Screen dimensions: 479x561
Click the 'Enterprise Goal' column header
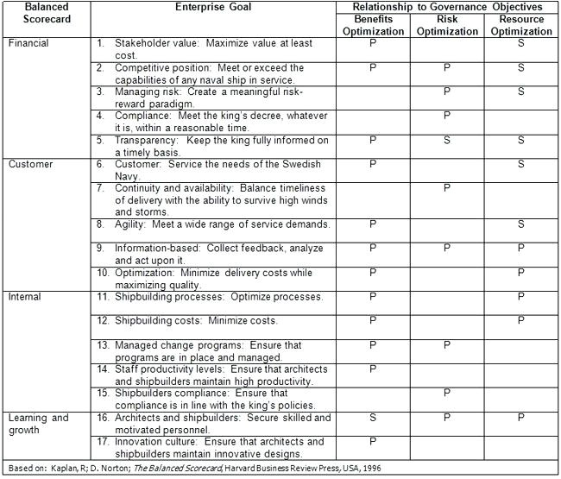pyautogui.click(x=212, y=7)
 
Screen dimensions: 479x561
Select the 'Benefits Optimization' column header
pyautogui.click(x=372, y=25)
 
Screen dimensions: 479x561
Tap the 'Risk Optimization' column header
pyautogui.click(x=447, y=25)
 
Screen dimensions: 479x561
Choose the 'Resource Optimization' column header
pyautogui.click(x=521, y=25)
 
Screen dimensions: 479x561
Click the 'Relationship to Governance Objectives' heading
pyautogui.click(x=446, y=7)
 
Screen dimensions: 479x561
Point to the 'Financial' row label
pyautogui.click(x=29, y=42)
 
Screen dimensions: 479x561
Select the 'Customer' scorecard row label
pyautogui.click(x=30, y=163)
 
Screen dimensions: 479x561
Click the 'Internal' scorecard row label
pyautogui.click(x=25, y=297)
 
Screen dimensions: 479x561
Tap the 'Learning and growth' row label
pyautogui.click(x=38, y=424)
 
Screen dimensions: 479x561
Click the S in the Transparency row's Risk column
pyautogui.click(x=447, y=139)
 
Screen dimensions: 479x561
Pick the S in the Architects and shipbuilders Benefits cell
pyautogui.click(x=373, y=418)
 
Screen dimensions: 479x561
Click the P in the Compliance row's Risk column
pyautogui.click(x=447, y=115)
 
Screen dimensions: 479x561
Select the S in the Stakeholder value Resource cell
pyautogui.click(x=521, y=42)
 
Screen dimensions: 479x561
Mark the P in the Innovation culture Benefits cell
pyautogui.click(x=373, y=442)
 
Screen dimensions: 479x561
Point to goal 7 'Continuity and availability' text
pyautogui.click(x=220, y=199)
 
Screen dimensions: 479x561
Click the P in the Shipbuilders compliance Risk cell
pyautogui.click(x=447, y=393)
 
